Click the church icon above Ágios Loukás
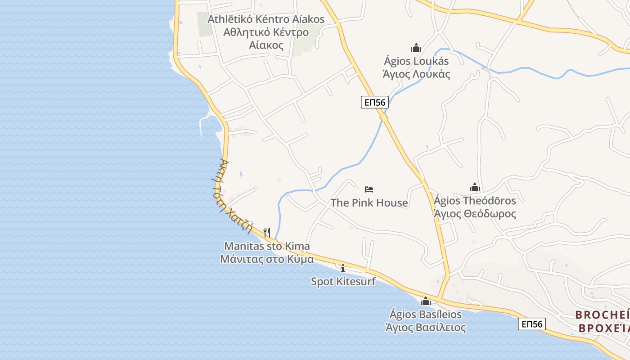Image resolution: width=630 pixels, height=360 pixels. click(x=416, y=48)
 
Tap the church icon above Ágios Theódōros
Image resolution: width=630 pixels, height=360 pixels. click(x=474, y=187)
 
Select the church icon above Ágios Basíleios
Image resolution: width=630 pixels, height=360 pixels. click(x=425, y=301)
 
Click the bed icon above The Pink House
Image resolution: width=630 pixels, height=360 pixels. click(x=369, y=189)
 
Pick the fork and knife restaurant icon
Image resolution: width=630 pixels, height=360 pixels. click(x=267, y=232)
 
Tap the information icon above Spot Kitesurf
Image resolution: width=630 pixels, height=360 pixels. click(x=343, y=268)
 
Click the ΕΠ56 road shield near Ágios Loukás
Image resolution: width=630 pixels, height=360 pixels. click(x=374, y=103)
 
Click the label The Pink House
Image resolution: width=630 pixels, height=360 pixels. click(x=369, y=203)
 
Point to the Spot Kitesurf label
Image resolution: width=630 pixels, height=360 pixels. click(x=343, y=282)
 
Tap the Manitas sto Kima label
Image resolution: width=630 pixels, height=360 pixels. click(x=267, y=246)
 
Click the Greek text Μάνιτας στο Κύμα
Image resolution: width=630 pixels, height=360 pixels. click(x=267, y=259)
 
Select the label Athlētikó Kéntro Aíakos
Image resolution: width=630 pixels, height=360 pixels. click(x=266, y=19)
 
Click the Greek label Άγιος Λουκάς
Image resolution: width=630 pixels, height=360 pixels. click(x=416, y=74)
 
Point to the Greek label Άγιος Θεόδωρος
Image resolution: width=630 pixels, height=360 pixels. click(x=475, y=214)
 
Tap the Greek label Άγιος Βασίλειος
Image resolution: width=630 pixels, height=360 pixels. click(x=425, y=328)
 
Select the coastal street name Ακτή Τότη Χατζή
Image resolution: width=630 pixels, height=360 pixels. click(x=235, y=196)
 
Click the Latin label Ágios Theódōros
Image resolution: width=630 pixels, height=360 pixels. click(x=475, y=200)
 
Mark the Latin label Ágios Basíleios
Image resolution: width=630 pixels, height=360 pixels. click(x=425, y=314)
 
